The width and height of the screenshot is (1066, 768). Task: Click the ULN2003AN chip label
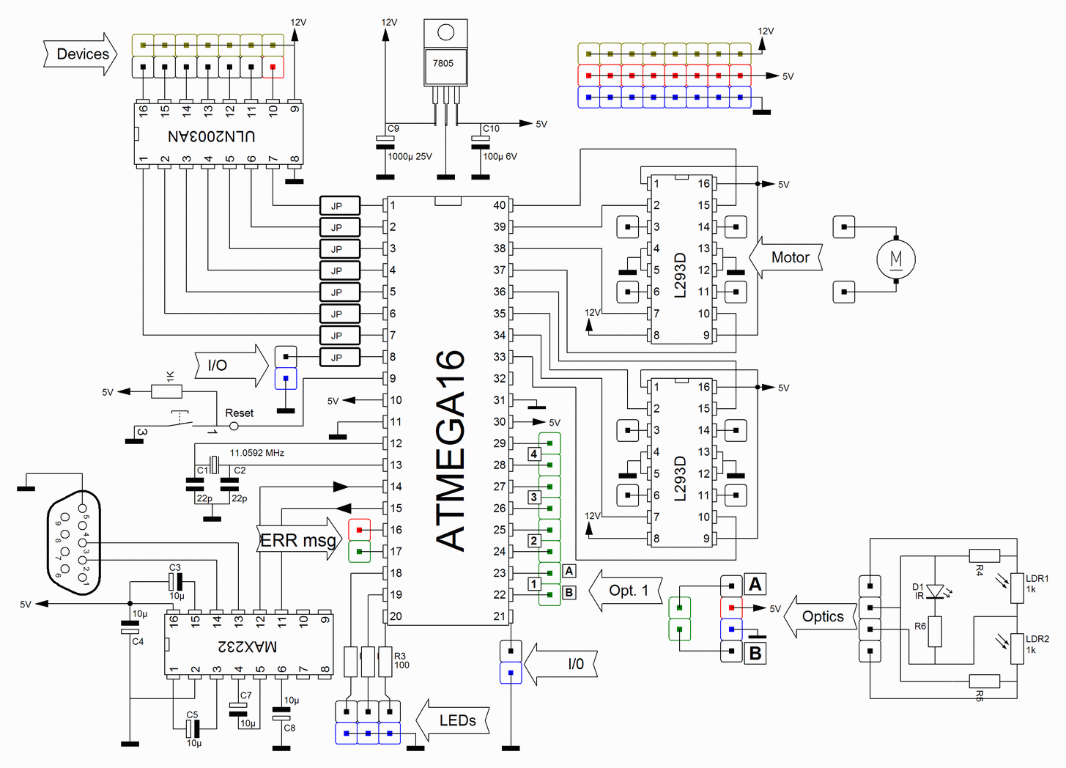click(x=212, y=136)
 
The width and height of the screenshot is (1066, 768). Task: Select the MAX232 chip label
click(x=248, y=646)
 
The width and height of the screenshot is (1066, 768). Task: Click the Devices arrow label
click(x=82, y=54)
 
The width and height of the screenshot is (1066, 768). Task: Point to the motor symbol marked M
click(x=895, y=259)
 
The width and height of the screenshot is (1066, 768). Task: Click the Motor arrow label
click(x=789, y=257)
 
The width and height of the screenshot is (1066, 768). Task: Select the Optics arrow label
click(x=822, y=617)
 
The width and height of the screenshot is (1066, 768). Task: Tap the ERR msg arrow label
click(x=298, y=541)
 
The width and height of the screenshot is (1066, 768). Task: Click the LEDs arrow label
click(x=457, y=720)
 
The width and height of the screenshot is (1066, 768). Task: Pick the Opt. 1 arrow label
click(x=629, y=591)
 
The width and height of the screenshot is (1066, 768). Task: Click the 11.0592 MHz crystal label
click(x=256, y=453)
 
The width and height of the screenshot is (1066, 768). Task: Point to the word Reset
click(x=239, y=413)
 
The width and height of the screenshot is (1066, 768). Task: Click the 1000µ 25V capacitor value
click(x=410, y=156)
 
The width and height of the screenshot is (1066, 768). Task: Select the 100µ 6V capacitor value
click(x=500, y=156)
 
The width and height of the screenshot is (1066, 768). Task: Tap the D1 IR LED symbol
click(x=935, y=591)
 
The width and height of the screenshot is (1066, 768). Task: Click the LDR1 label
click(x=1037, y=578)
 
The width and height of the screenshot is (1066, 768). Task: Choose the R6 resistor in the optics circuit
click(x=935, y=631)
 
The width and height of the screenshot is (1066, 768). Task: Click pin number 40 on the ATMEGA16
click(x=499, y=205)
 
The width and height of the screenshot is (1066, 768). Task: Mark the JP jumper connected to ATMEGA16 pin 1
click(x=339, y=206)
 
